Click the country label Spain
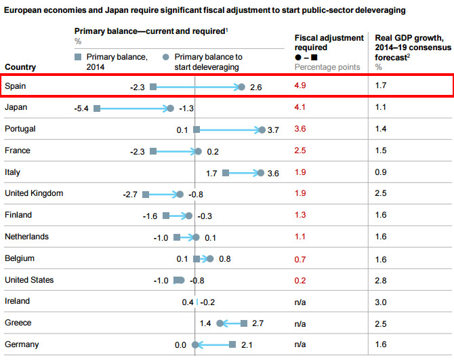16,86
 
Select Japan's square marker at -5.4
98,108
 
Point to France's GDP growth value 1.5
380,151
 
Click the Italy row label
13,172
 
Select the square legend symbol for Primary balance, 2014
79,57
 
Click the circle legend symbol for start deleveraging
166,57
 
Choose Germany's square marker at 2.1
232,344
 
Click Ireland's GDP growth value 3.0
381,302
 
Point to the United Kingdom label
34,193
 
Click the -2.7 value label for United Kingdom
129,195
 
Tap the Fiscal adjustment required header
323,43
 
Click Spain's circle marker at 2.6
241,87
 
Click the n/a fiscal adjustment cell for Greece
301,323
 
